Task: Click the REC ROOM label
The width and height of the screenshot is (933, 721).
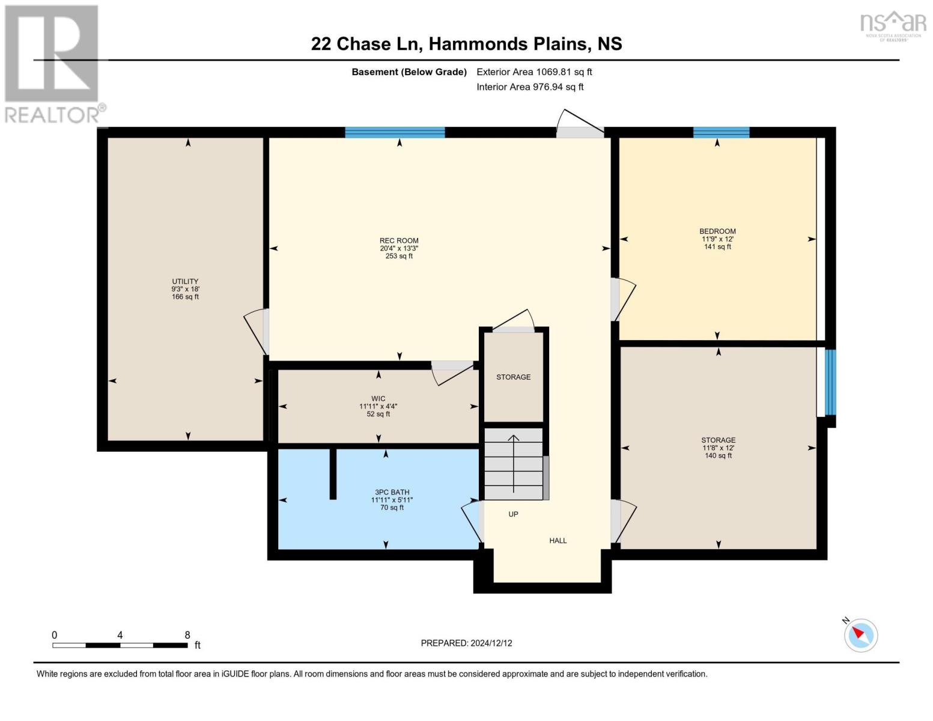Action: click(x=399, y=240)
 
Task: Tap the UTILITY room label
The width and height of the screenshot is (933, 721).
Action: click(x=185, y=281)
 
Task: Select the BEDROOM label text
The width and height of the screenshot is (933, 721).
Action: click(x=717, y=231)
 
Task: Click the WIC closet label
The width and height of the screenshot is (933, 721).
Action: click(x=378, y=399)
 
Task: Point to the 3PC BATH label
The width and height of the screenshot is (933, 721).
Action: click(x=392, y=492)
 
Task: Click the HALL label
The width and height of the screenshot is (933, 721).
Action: click(x=558, y=541)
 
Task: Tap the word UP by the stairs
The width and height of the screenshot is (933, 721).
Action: click(x=513, y=514)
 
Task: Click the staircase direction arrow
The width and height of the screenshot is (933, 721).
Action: click(x=514, y=463)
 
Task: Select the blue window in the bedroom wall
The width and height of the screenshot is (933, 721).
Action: click(x=721, y=133)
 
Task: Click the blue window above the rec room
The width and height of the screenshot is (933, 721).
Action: click(x=395, y=133)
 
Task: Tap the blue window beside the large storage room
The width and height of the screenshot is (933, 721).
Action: click(x=830, y=382)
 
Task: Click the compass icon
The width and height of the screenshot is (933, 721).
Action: click(x=860, y=635)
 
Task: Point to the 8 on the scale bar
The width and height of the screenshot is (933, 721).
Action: click(x=187, y=635)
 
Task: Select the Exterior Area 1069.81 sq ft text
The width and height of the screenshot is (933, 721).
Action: click(x=534, y=71)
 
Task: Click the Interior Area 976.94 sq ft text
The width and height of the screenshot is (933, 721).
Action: click(x=530, y=87)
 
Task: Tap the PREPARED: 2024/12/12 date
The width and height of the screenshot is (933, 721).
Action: click(x=466, y=643)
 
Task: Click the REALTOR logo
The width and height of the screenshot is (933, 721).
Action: click(x=53, y=64)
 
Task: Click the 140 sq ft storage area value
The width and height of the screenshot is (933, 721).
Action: click(x=718, y=455)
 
